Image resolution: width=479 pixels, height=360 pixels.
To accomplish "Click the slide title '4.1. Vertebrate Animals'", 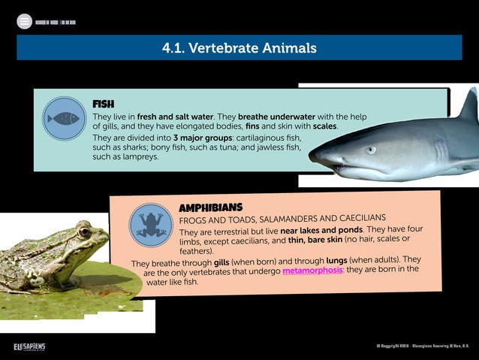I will point(239,48).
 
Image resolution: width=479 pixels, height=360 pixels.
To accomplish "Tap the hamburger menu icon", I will point(25,22).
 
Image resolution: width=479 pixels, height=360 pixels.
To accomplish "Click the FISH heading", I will point(103,104).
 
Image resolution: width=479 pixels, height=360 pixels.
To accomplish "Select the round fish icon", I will point(64,118).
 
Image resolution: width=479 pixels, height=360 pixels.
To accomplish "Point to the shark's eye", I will point(371,150).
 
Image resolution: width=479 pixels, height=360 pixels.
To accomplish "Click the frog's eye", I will point(84,232).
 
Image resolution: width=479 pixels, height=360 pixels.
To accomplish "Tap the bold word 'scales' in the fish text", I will point(324,126).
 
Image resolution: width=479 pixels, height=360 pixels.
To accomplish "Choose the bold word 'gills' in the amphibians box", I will point(221,262).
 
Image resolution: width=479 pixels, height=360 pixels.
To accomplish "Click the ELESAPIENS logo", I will point(29,346).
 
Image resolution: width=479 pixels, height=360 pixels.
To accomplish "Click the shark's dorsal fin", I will point(469,105).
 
